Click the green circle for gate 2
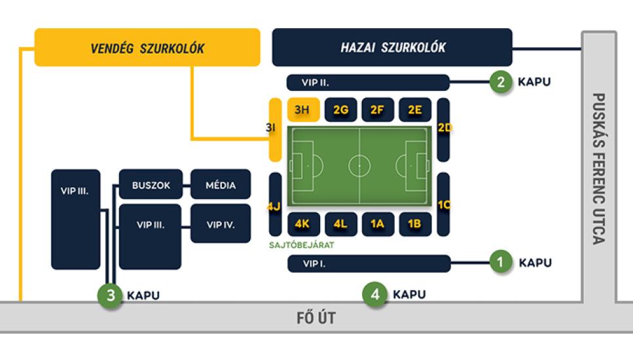point(501,82)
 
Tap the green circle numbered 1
point(501,263)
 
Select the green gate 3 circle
point(111,295)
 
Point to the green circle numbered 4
point(375,295)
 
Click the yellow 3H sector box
point(303,110)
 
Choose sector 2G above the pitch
point(340,110)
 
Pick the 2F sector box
point(377,110)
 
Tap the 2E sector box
point(414,110)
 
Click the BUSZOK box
point(151,185)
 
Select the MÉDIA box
point(221,185)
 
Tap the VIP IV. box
point(221,225)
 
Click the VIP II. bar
point(368,82)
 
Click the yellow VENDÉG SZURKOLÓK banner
point(147,47)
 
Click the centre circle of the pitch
point(359,166)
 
